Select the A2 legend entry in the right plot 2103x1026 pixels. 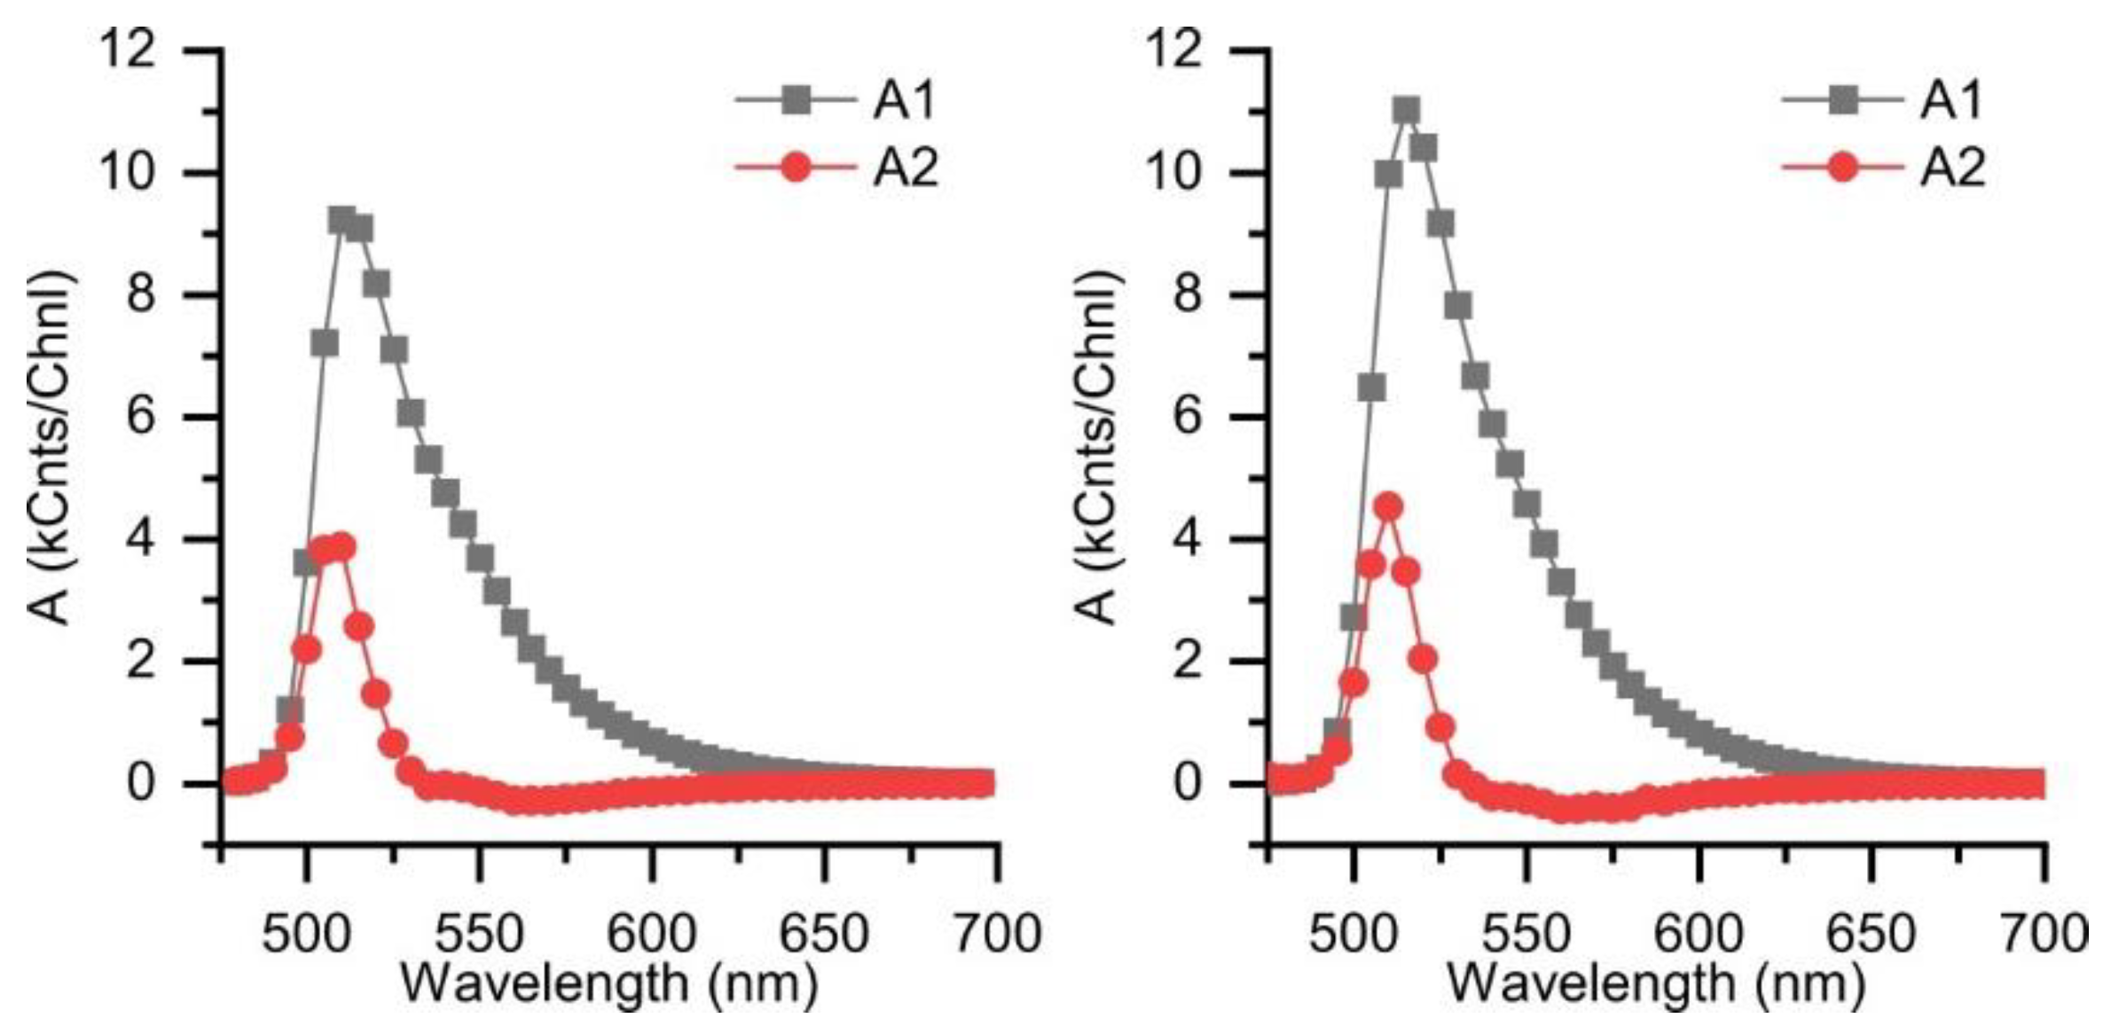coord(1951,168)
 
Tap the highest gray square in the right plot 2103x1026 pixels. coord(1406,111)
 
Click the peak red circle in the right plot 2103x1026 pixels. coord(1388,507)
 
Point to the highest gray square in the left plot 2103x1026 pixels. coord(341,221)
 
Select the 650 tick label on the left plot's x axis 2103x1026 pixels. coord(825,933)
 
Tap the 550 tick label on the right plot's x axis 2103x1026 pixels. coord(1526,933)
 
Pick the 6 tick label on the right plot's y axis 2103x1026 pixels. coord(1189,417)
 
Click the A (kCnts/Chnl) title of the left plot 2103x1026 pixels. coord(51,448)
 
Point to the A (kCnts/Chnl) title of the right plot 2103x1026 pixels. coord(1098,448)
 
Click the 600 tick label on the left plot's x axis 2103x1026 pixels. coord(652,933)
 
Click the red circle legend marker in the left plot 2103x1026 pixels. coord(797,168)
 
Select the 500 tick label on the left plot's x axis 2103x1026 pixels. coord(306,933)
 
